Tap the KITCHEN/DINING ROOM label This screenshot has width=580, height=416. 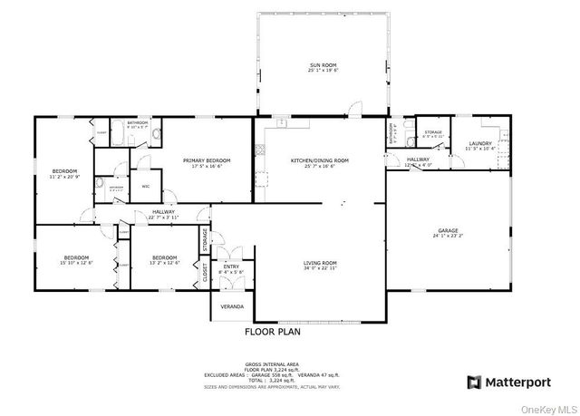319,160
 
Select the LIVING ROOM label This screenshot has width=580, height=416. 320,263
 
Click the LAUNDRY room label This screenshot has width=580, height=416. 480,142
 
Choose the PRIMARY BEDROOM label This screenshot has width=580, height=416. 211,160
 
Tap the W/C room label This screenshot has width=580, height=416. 145,187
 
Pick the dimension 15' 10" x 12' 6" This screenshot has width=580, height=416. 77,262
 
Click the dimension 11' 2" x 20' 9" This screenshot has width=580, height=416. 64,176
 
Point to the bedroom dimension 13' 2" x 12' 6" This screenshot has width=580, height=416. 164,262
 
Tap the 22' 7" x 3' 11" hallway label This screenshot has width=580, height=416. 163,218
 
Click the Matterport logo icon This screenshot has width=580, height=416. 474,382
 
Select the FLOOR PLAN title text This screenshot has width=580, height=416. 273,333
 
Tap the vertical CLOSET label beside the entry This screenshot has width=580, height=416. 205,273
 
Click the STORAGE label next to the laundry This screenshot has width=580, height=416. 433,132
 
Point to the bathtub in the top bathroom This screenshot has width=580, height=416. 155,136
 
